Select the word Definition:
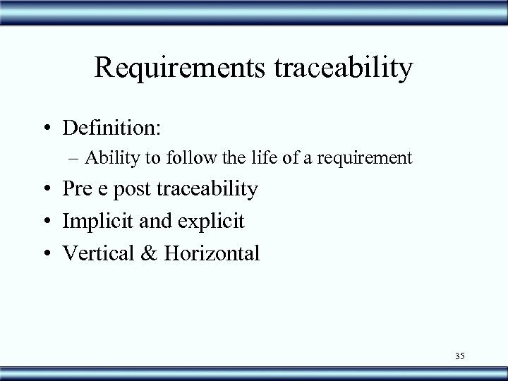(x=111, y=128)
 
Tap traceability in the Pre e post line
(x=208, y=190)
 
